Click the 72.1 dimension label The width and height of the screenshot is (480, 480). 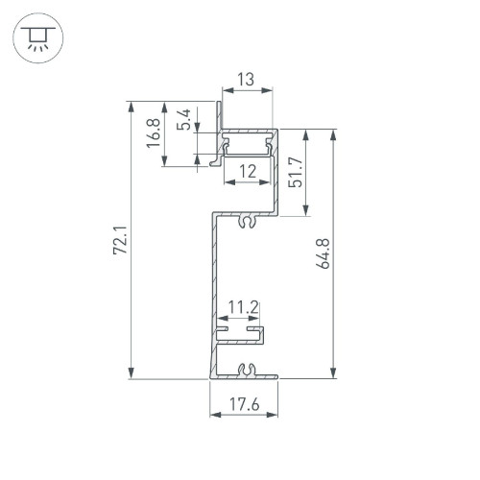point(121,240)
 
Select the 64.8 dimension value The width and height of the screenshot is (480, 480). point(323,253)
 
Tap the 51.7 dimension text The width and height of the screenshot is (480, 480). point(295,172)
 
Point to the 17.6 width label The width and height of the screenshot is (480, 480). point(244,404)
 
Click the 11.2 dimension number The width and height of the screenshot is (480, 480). point(244,307)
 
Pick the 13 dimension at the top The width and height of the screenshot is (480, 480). point(246,80)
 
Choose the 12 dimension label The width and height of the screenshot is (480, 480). point(248,171)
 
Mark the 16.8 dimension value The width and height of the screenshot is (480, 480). point(154,133)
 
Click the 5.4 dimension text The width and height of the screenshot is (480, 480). point(184,119)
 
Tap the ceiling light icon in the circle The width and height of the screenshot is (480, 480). point(38,37)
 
